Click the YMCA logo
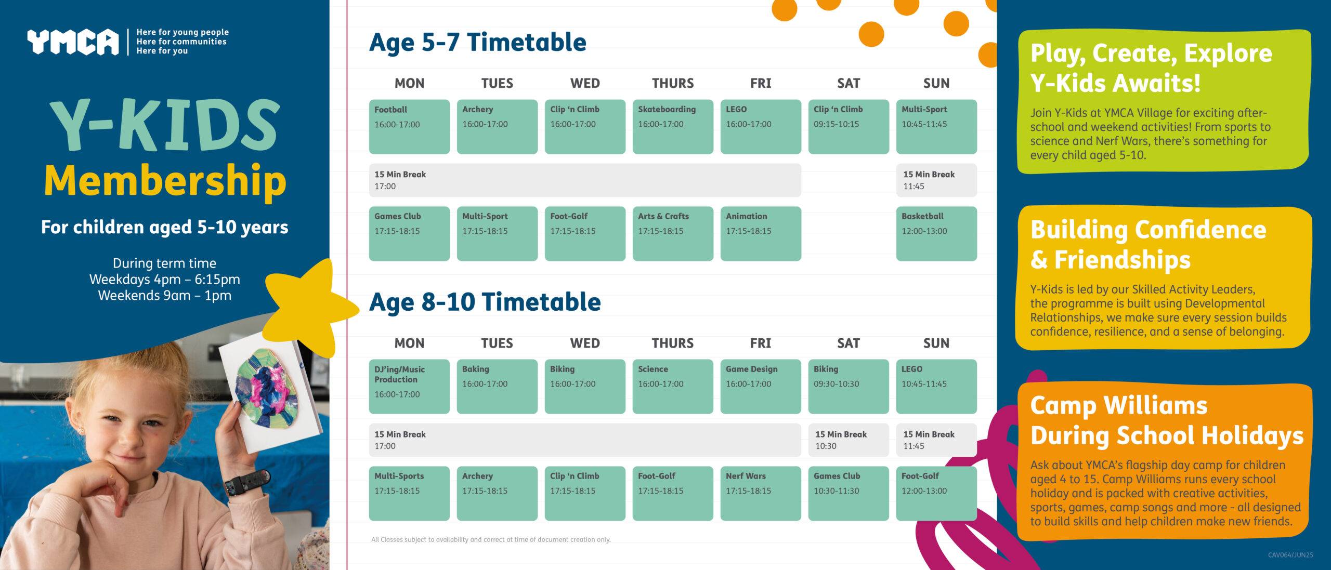click(73, 42)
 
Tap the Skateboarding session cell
click(673, 127)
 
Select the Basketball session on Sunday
click(936, 234)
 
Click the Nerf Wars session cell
click(761, 494)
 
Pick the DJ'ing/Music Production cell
click(409, 387)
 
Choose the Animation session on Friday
click(761, 234)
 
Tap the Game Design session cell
click(761, 387)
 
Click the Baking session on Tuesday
click(497, 387)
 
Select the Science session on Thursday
click(673, 387)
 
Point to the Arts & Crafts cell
click(673, 234)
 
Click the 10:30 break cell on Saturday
click(849, 440)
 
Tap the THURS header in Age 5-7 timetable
click(673, 83)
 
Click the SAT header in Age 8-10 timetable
click(849, 343)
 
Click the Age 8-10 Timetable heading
click(485, 302)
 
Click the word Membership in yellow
click(165, 180)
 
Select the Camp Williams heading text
click(1167, 420)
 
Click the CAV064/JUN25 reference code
click(1290, 555)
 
